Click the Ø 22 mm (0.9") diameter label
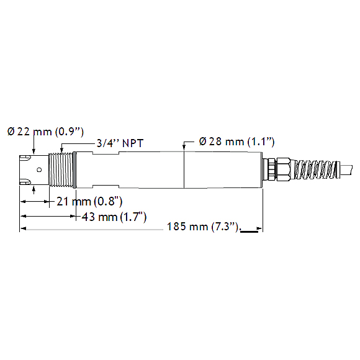(x=45, y=132)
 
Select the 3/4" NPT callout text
(x=120, y=143)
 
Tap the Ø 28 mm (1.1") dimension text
(x=236, y=142)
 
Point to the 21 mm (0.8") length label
(x=89, y=202)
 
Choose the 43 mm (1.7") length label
(x=114, y=217)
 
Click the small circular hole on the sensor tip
(x=39, y=170)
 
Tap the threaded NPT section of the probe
(x=61, y=170)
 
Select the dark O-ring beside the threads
(x=74, y=170)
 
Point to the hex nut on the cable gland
(x=283, y=169)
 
